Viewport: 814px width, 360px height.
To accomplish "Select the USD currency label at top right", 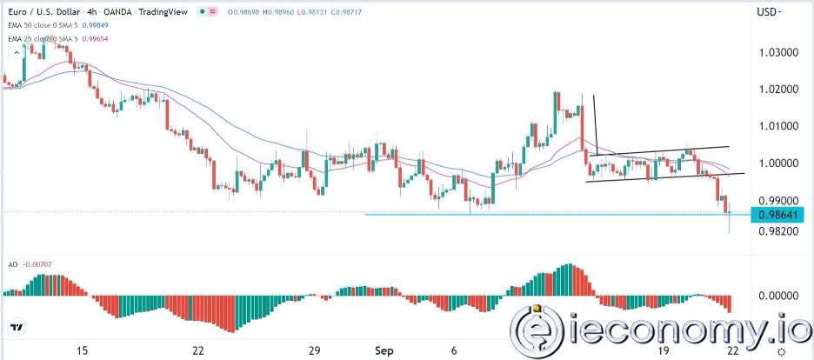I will pyautogui.click(x=768, y=12).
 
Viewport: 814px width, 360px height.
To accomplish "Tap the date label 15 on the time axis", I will pyautogui.click(x=82, y=350).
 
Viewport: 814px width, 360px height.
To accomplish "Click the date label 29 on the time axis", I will pyautogui.click(x=316, y=350).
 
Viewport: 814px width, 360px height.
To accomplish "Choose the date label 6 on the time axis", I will pyautogui.click(x=456, y=350).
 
